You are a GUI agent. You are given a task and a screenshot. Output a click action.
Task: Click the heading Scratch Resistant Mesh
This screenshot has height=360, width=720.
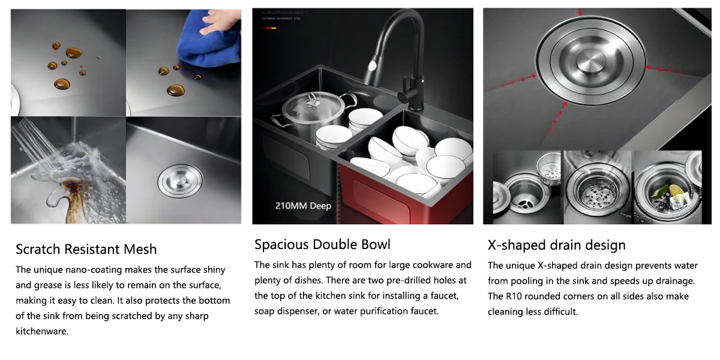[86, 250]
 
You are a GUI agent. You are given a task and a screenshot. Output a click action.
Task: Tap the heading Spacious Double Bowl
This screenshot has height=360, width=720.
[322, 245]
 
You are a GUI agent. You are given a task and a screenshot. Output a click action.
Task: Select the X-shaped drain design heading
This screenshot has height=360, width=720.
[557, 245]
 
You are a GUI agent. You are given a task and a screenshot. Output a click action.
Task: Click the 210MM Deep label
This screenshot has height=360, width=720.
[303, 206]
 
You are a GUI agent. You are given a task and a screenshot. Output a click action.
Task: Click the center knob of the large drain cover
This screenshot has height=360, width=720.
[590, 61]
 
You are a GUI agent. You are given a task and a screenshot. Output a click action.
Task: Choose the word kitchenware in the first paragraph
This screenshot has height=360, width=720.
[42, 331]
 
